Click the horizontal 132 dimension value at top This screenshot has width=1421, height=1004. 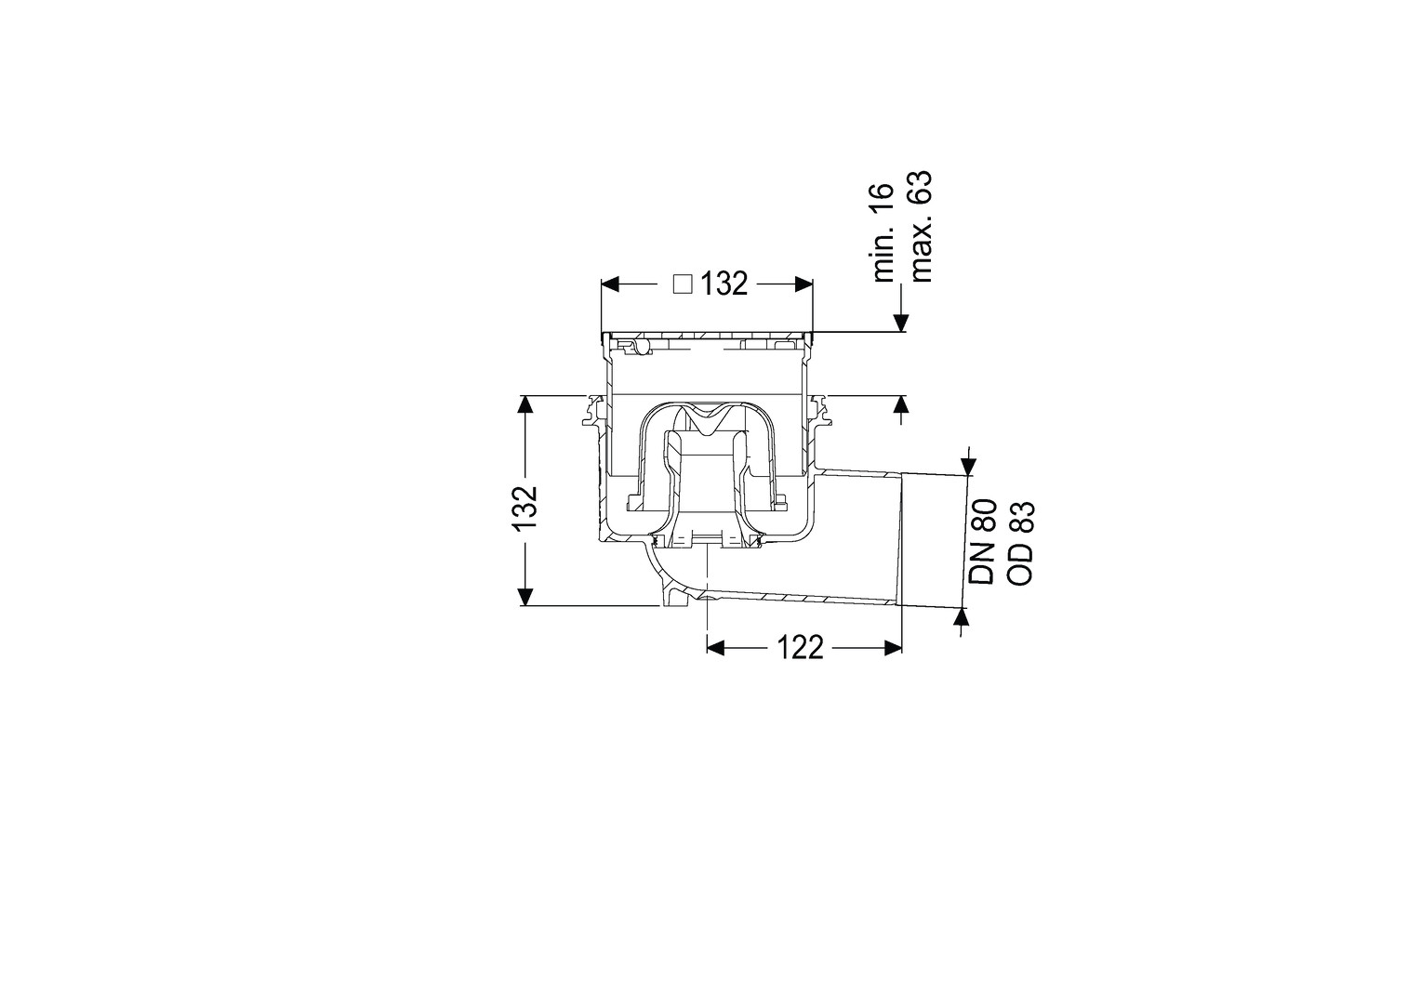pyautogui.click(x=725, y=284)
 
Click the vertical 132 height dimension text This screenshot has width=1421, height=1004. pyautogui.click(x=525, y=508)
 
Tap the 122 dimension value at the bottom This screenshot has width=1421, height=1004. pyautogui.click(x=800, y=648)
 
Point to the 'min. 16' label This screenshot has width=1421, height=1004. pyautogui.click(x=883, y=232)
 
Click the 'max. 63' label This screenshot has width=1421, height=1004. pyautogui.click(x=920, y=227)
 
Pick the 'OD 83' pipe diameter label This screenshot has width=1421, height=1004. pyautogui.click(x=1021, y=544)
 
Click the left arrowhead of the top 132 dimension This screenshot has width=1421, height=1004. pyautogui.click(x=610, y=284)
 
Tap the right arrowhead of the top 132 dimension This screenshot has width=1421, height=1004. pyautogui.click(x=803, y=284)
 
